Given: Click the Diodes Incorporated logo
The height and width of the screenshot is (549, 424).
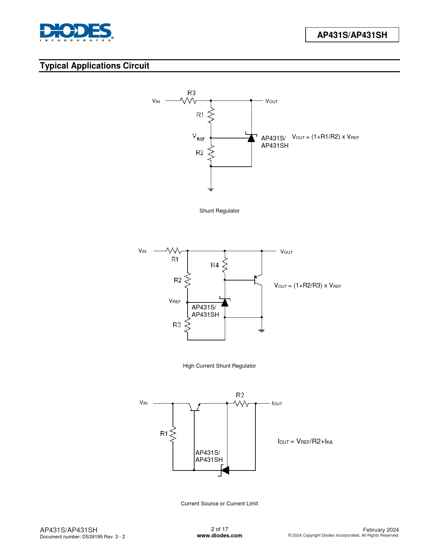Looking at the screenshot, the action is pos(77,32).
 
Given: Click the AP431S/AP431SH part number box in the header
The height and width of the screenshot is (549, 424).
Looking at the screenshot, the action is pos(352,35).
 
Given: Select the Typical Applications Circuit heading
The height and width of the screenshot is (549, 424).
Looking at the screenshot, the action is pos(94,66).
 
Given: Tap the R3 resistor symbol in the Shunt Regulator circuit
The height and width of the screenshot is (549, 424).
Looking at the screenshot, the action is pos(188,100).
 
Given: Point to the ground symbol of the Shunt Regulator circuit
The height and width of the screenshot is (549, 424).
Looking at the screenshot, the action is pos(211,189).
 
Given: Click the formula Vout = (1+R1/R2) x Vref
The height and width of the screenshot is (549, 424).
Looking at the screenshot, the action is pos(325,137).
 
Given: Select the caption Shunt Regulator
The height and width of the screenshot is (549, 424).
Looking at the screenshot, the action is pos(219,211).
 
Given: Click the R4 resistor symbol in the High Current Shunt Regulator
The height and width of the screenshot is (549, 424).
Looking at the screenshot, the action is pos(225,265).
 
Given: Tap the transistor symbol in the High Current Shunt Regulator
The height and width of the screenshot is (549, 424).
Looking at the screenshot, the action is pos(258,280).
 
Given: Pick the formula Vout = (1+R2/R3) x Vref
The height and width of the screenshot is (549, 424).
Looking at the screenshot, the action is pos(308,285).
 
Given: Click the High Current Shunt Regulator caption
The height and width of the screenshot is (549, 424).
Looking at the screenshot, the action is pos(219,366).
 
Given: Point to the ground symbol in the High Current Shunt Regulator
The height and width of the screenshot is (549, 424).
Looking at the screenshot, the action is pos(262,331).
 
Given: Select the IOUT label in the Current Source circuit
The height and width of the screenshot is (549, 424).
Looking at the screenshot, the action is pos(277,404).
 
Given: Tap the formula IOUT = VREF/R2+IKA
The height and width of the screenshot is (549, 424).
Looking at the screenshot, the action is pos(305,441).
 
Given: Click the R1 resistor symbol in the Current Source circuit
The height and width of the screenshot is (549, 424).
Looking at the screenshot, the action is pos(173,435).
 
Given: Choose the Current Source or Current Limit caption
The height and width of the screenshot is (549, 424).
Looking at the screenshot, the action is pos(219,503).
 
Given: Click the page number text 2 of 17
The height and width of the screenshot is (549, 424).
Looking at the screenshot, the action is pos(219,529).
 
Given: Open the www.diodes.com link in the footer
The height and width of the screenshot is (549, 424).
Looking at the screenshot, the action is pos(219,535).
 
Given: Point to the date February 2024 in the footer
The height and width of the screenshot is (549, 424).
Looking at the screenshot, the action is pos(381,530).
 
